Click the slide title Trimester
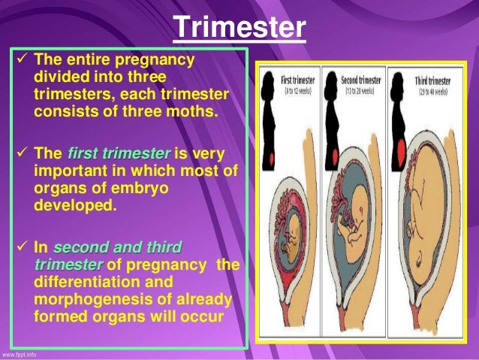click(x=239, y=28)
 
